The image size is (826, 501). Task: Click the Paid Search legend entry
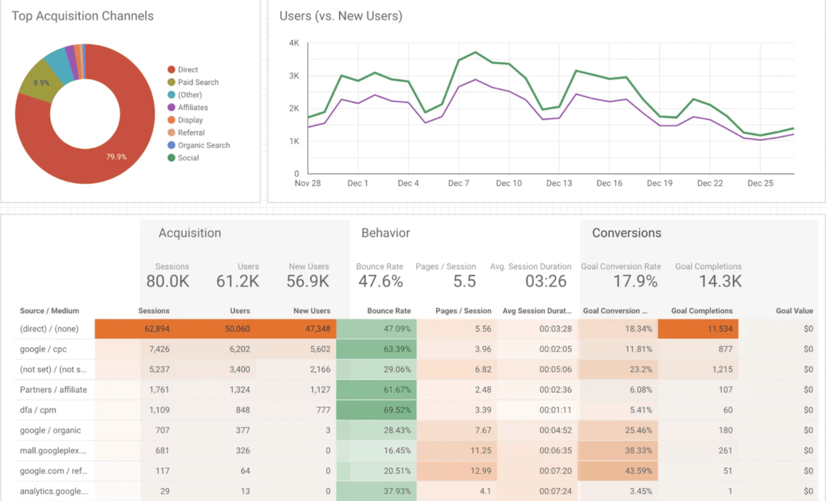[x=193, y=82]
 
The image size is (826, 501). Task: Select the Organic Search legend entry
[x=199, y=145]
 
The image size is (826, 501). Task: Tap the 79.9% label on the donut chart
[x=116, y=157]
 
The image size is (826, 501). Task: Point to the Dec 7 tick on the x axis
[x=458, y=183]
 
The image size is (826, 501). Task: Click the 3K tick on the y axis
[x=294, y=76]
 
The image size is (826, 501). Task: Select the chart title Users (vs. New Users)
[x=341, y=16]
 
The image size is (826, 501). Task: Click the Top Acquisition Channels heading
[x=83, y=16]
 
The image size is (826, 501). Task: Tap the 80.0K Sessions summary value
[x=168, y=281]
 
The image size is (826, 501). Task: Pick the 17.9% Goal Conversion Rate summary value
[x=635, y=281]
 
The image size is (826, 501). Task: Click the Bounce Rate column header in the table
[x=389, y=311]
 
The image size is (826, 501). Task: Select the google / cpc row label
[x=43, y=349]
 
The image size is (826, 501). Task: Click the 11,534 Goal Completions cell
[x=720, y=328]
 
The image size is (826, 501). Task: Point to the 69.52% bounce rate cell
[x=397, y=410]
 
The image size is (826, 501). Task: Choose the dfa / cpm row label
[x=38, y=410]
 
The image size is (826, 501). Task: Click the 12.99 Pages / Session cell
[x=481, y=471]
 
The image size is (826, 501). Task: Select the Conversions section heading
[x=627, y=233]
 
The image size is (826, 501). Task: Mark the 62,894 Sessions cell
[x=157, y=328]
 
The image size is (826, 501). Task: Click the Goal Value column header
[x=795, y=311]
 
